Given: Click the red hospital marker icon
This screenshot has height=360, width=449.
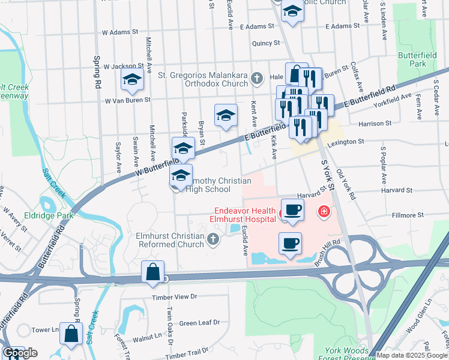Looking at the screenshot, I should click(324, 211).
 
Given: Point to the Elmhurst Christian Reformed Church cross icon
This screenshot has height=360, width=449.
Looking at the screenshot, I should click(212, 241).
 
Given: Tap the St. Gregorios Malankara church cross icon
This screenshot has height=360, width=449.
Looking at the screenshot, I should click(256, 77).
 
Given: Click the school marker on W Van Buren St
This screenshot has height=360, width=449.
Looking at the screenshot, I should click(132, 79).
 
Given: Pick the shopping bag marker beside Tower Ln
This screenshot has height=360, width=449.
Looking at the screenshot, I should click(71, 335).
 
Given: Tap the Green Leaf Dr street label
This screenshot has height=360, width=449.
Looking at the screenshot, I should click(200, 323).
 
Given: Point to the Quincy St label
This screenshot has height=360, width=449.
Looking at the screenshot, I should click(266, 43).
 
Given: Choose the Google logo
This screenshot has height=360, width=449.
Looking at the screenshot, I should click(20, 353).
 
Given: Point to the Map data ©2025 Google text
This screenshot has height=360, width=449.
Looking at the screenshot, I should click(411, 355).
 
